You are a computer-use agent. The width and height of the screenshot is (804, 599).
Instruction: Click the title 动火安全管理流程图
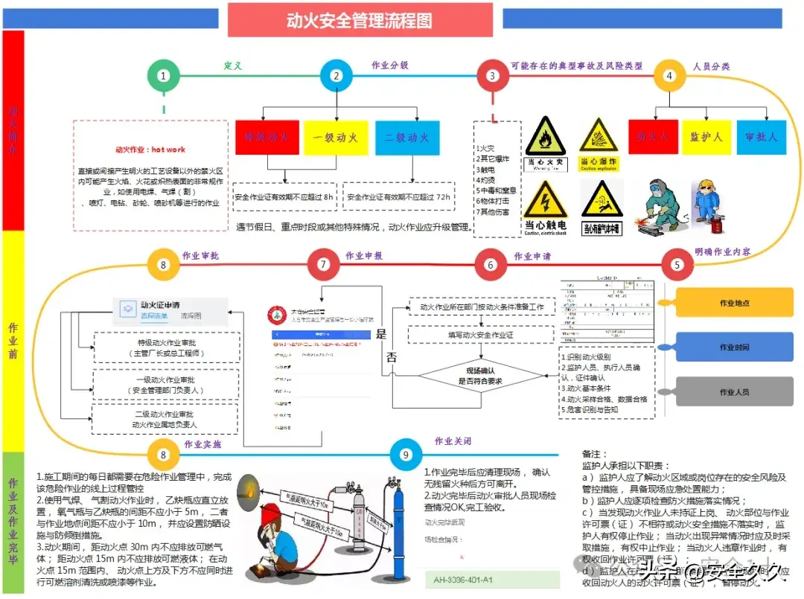click(360, 20)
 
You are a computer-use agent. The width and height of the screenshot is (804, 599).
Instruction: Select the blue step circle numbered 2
click(336, 75)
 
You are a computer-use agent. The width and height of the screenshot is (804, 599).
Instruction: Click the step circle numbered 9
click(406, 455)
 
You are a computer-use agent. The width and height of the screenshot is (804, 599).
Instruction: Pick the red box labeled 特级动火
click(267, 138)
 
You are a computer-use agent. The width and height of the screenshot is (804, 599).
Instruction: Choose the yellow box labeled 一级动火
click(336, 138)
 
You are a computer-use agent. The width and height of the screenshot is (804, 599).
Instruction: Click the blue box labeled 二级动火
click(406, 138)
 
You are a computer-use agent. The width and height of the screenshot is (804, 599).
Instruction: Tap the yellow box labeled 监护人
click(706, 137)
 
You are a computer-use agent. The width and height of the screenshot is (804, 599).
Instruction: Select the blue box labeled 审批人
click(761, 137)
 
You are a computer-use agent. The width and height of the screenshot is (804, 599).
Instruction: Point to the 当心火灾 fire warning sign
click(546, 142)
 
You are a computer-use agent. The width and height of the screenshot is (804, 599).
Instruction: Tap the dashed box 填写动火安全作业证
click(481, 335)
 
